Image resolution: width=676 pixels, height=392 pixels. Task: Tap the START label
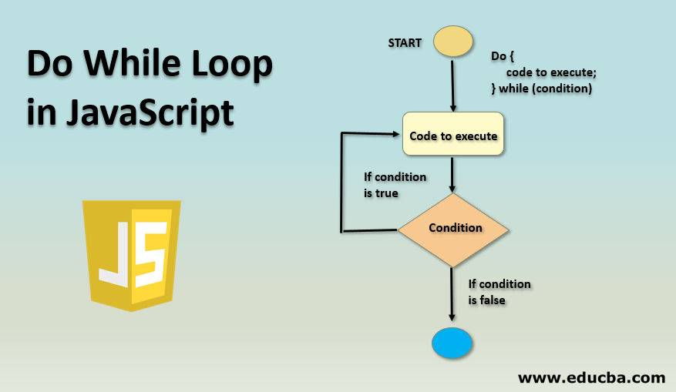[405, 43]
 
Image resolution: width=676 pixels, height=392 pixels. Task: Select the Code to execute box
[452, 136]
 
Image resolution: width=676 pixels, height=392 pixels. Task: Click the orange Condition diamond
[453, 228]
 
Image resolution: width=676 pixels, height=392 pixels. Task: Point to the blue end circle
[452, 343]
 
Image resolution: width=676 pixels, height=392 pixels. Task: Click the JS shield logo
[135, 254]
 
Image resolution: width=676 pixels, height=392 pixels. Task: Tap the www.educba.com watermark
[591, 377]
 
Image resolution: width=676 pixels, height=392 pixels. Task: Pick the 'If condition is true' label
[395, 185]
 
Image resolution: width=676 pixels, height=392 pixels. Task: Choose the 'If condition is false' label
[499, 292]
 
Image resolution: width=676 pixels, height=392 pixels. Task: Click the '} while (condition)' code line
[541, 89]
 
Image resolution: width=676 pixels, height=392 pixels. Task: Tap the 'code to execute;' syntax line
[551, 72]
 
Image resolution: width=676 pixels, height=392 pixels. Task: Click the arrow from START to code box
[452, 85]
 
